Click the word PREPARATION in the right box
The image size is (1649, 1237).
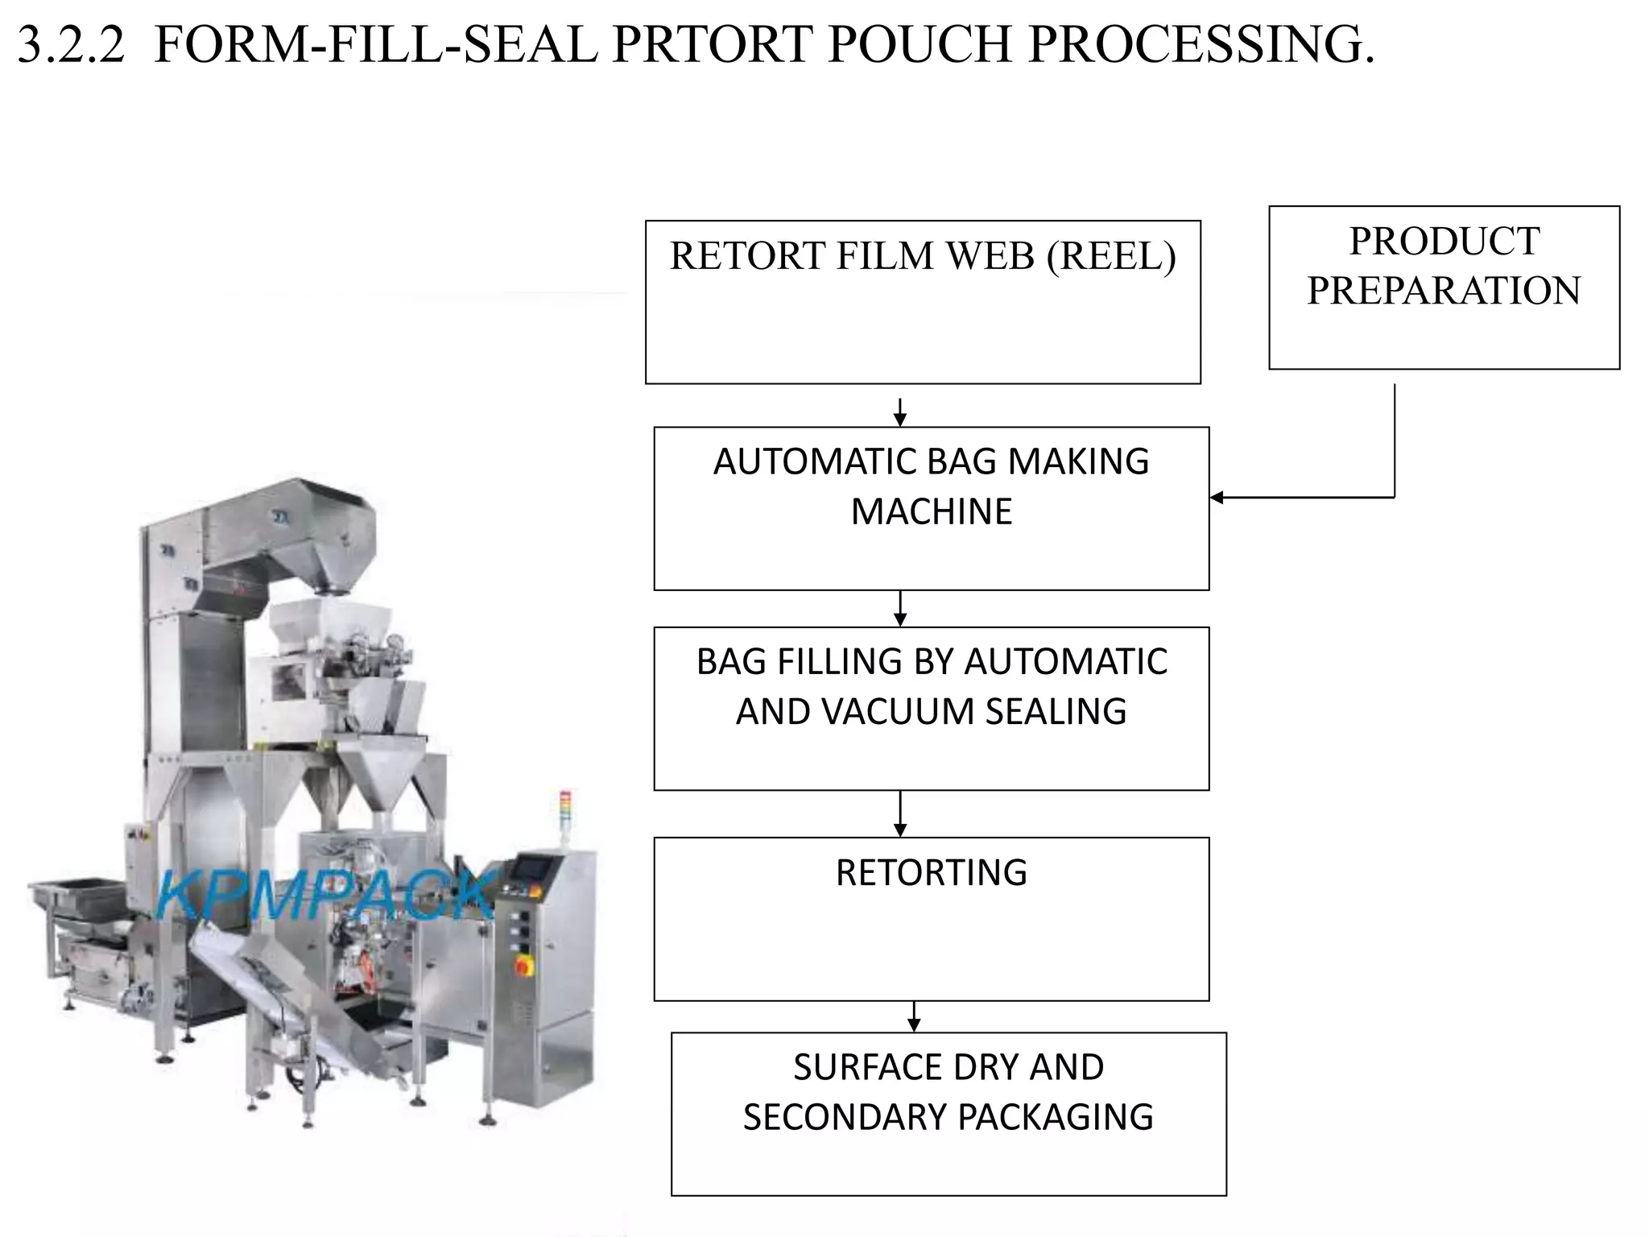(x=1444, y=291)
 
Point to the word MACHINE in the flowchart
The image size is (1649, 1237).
(x=931, y=511)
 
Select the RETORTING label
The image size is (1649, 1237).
(x=931, y=873)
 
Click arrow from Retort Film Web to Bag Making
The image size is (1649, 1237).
(x=900, y=412)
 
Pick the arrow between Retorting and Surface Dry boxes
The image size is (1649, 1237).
(x=913, y=1017)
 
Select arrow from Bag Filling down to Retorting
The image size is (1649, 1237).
(x=900, y=814)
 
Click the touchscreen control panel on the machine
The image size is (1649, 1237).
(x=535, y=868)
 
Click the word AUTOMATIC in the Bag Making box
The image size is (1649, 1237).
(x=812, y=461)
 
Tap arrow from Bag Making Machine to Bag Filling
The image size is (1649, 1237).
(x=900, y=609)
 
